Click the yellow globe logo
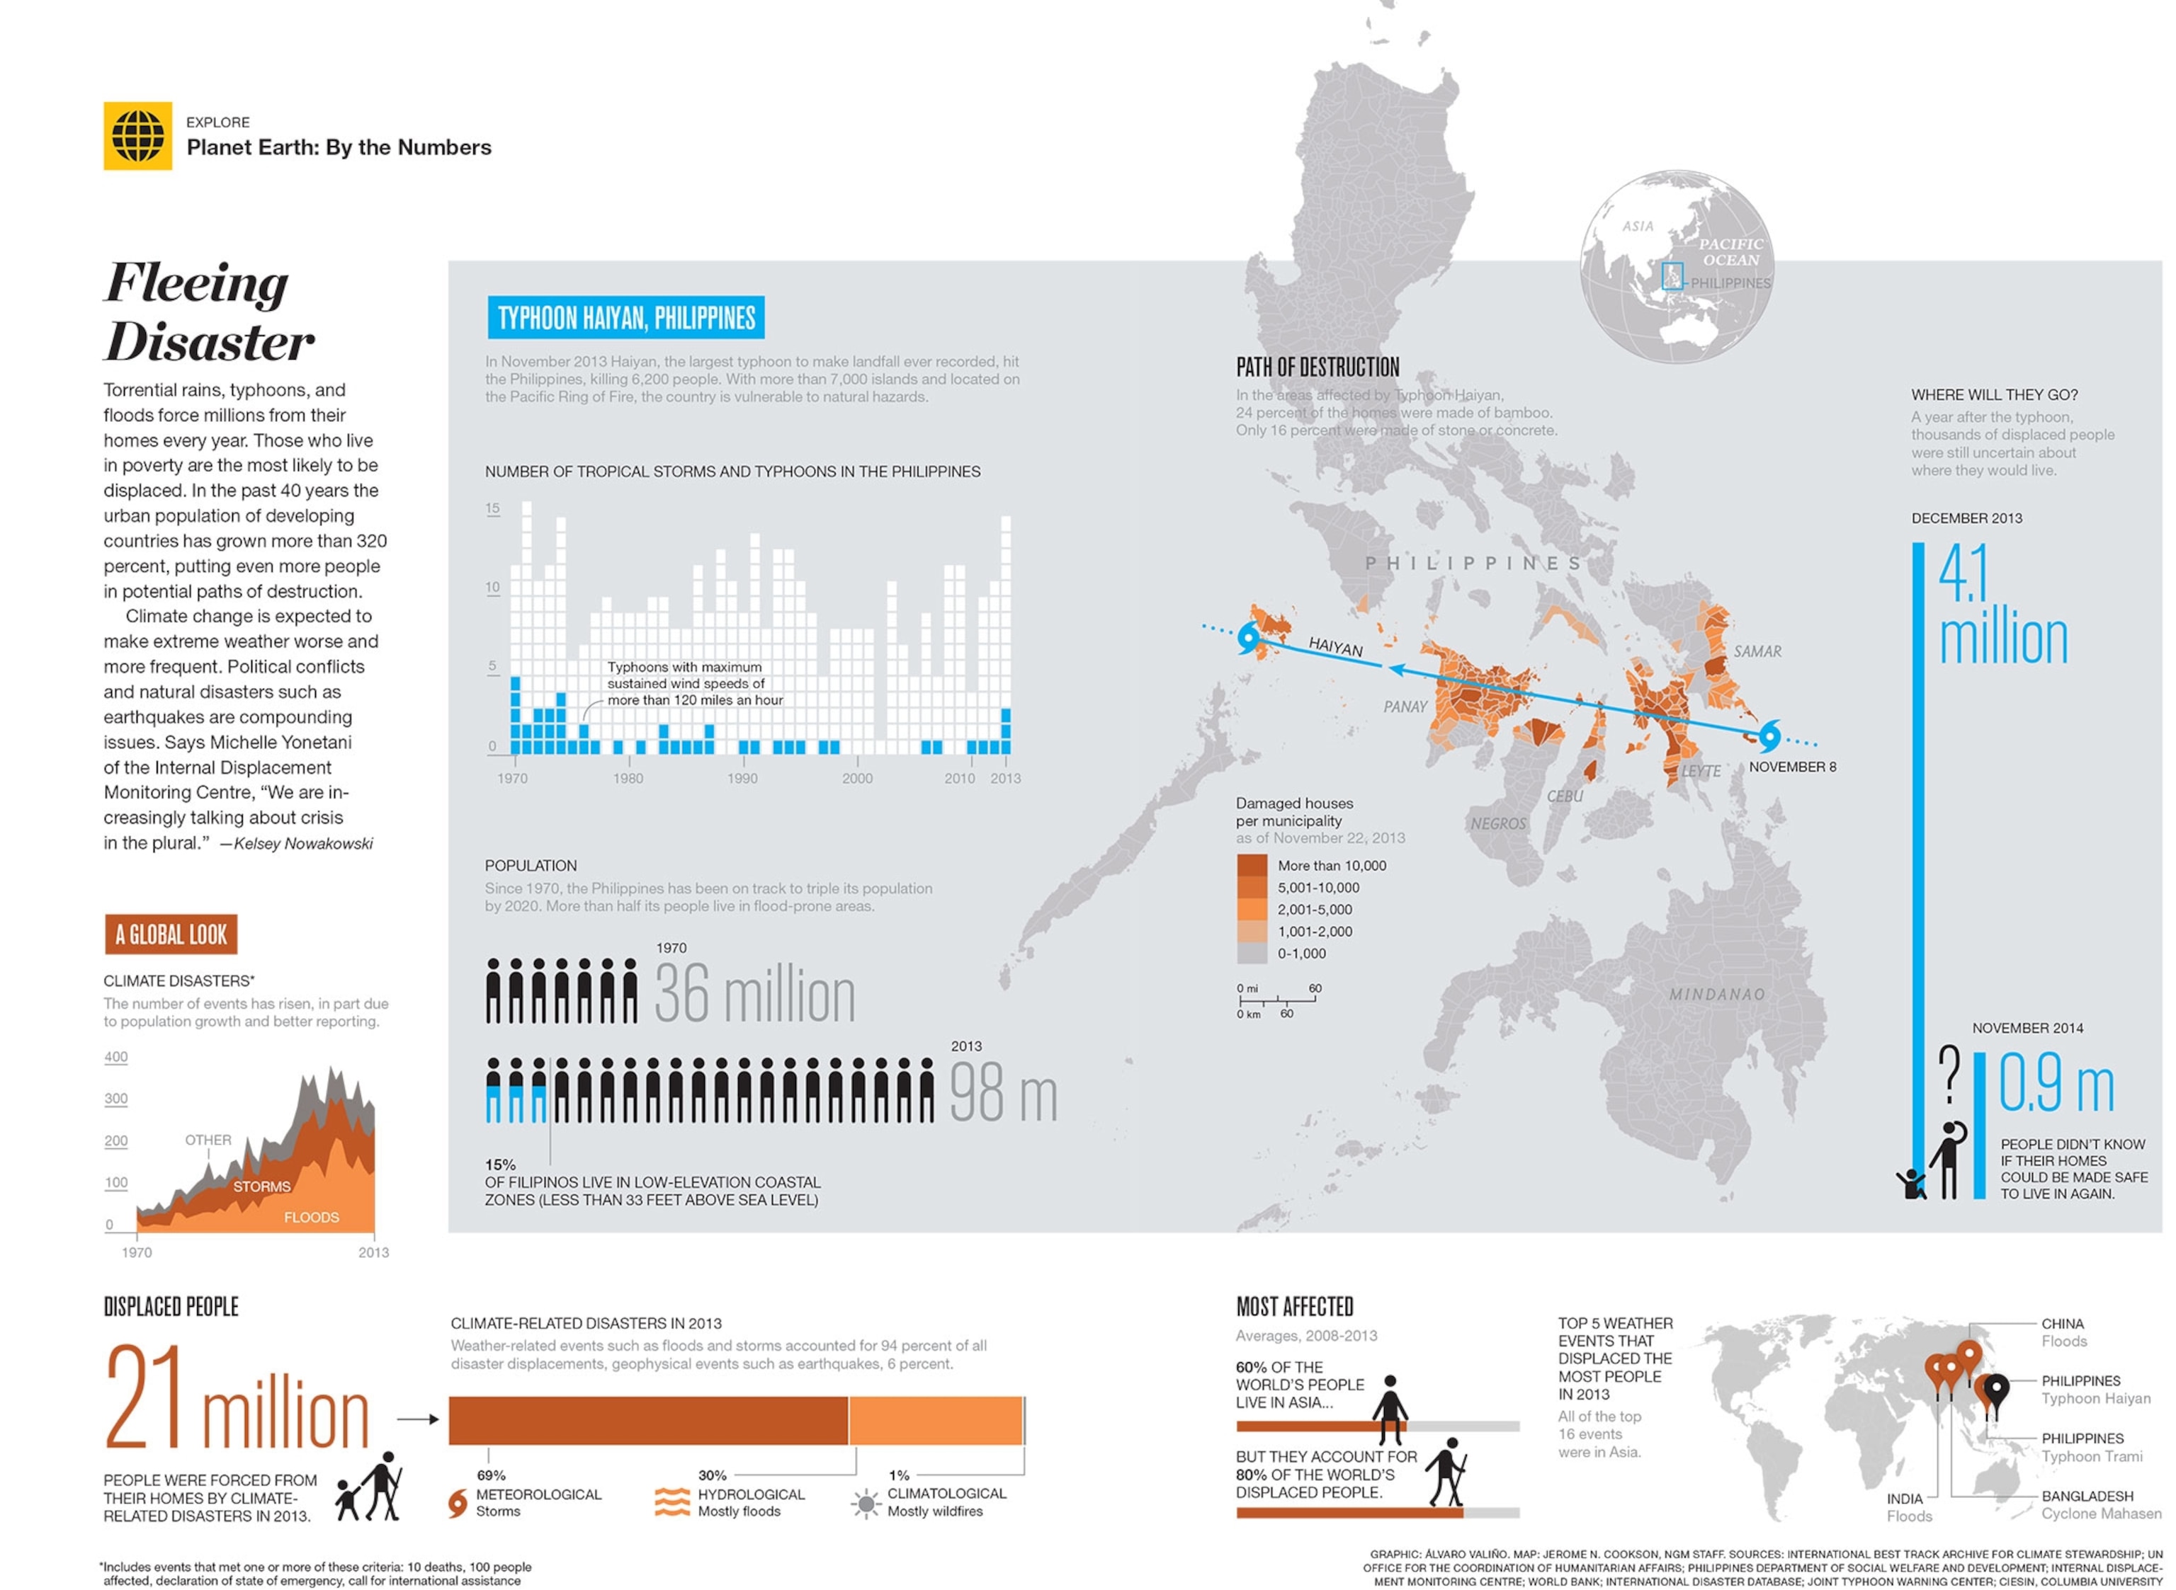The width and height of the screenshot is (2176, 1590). click(x=137, y=136)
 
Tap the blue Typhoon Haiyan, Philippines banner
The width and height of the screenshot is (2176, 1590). click(x=626, y=318)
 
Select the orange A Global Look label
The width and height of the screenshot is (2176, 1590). click(x=171, y=934)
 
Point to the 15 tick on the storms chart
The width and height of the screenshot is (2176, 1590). click(x=492, y=508)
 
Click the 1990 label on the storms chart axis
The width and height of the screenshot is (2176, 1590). click(x=742, y=779)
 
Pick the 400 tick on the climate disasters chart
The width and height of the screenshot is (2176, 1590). click(x=115, y=1057)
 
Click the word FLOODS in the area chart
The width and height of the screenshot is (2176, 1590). click(x=311, y=1218)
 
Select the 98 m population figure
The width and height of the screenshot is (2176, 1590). click(x=1003, y=1094)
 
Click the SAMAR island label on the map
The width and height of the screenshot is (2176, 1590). click(x=1757, y=651)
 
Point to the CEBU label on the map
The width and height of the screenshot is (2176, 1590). click(x=1565, y=796)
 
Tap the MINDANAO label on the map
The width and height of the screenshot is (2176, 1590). click(x=1717, y=994)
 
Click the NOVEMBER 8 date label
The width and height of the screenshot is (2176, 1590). click(x=1792, y=767)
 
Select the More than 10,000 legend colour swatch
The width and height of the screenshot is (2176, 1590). click(x=1252, y=865)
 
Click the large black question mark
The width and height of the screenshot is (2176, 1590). click(x=1950, y=1073)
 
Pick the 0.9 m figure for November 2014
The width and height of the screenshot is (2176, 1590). click(x=2056, y=1083)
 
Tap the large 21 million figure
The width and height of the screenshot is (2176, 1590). click(x=237, y=1400)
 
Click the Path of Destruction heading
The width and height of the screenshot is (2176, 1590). click(x=1317, y=367)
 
